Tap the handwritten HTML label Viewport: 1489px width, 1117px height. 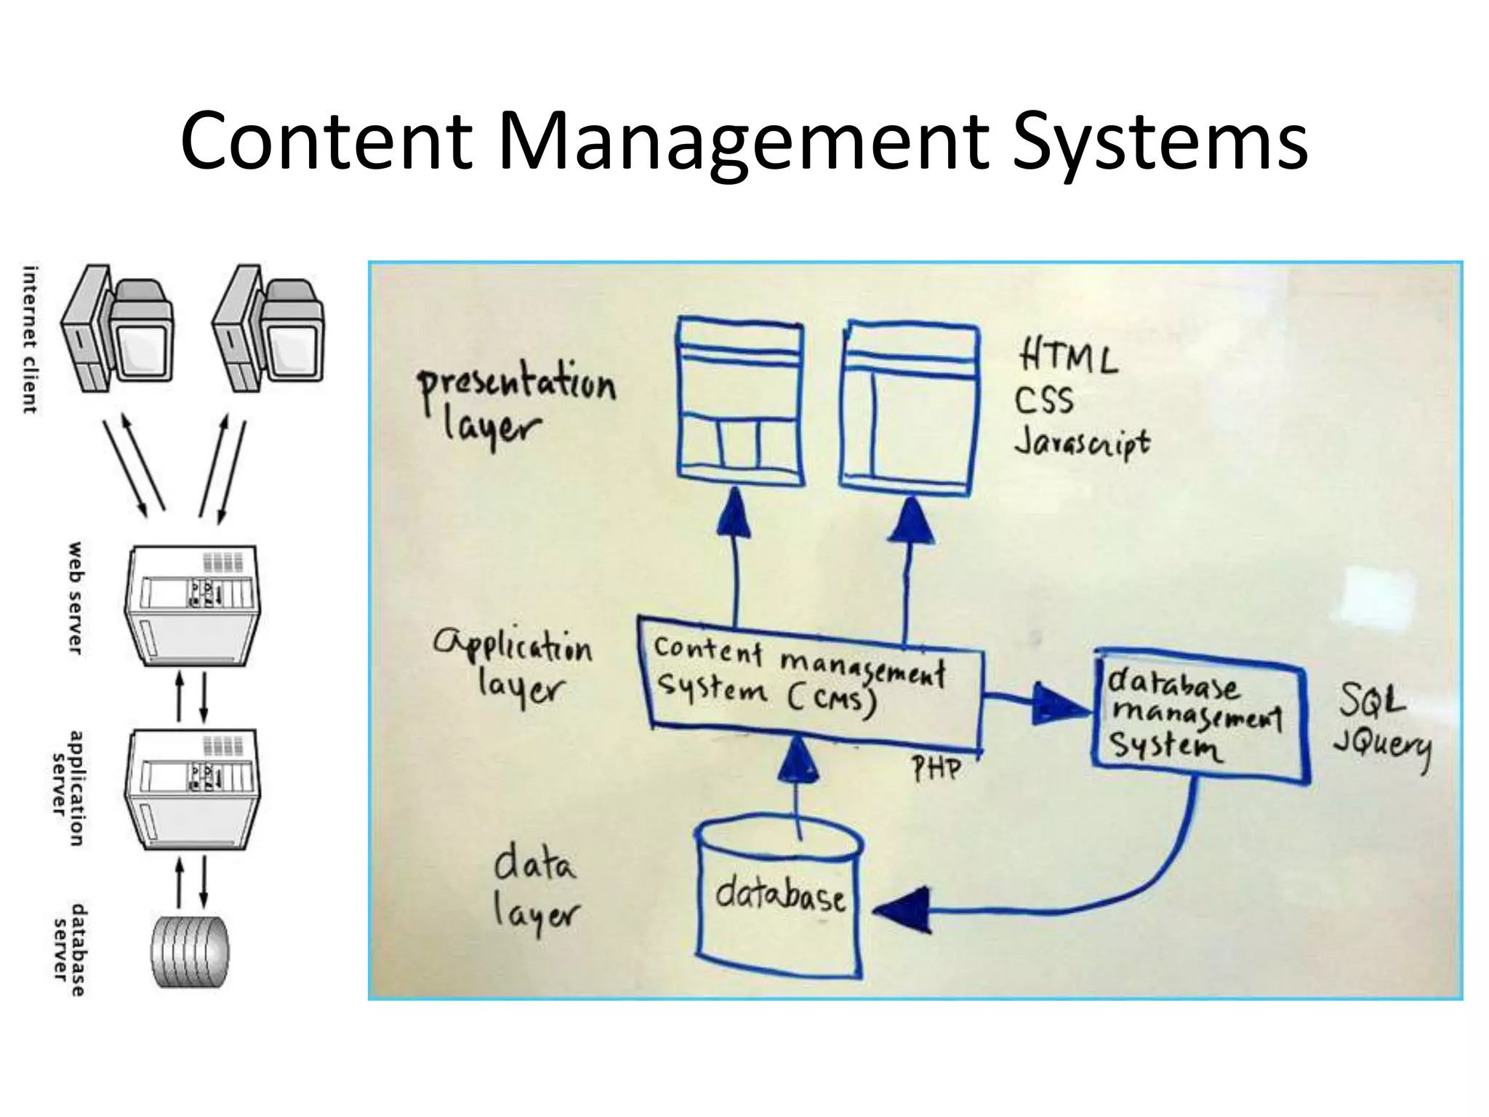click(x=1067, y=357)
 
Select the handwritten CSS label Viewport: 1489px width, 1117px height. click(x=1044, y=400)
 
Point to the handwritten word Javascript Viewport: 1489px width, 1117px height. click(x=1082, y=443)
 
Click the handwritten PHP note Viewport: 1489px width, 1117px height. click(x=936, y=768)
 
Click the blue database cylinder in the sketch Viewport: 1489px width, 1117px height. click(x=779, y=898)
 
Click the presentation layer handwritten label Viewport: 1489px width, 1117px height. click(x=515, y=404)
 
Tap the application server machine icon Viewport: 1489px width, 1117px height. click(x=195, y=790)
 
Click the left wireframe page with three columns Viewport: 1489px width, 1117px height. click(x=740, y=404)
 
